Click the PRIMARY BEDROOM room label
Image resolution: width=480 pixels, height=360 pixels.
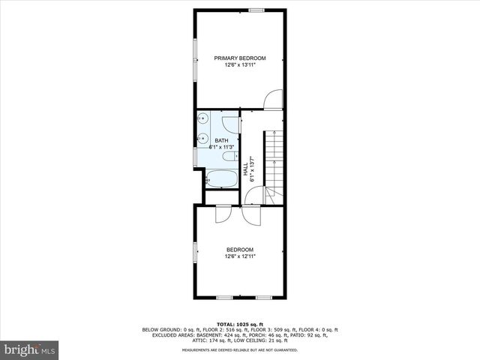click(240, 58)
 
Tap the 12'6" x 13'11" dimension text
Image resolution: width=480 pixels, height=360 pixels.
click(240, 65)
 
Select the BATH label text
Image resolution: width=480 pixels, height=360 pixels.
click(221, 140)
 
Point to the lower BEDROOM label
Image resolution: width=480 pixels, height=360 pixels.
click(240, 250)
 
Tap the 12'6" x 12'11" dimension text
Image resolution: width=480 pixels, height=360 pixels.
click(240, 257)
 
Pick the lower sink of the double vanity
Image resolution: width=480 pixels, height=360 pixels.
click(203, 138)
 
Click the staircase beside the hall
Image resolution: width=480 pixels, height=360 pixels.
click(274, 161)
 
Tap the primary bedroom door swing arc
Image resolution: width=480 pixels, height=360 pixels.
click(274, 98)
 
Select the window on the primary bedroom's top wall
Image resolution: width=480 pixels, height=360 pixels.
click(257, 10)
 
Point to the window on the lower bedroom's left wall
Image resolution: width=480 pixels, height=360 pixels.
click(196, 253)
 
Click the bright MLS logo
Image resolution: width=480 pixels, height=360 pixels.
click(30, 349)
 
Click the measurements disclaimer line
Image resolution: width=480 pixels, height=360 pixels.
click(240, 349)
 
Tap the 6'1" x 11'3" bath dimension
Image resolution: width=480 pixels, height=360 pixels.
click(221, 147)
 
